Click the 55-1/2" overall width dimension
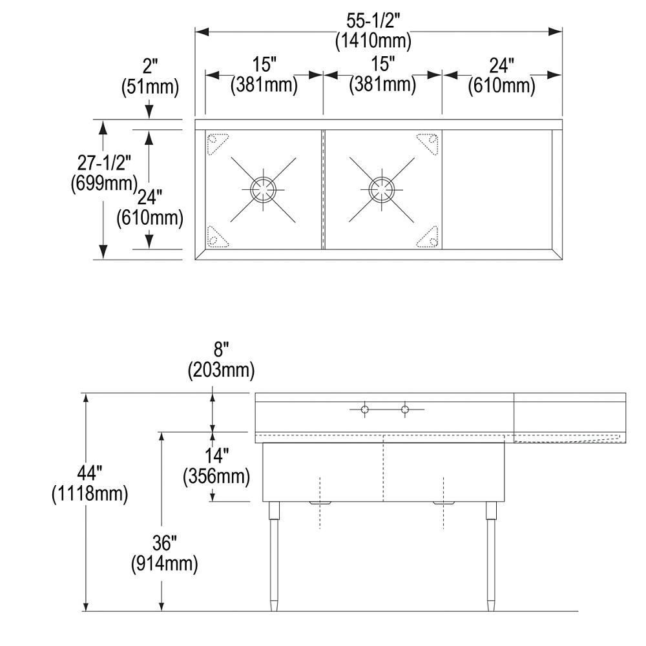click(373, 21)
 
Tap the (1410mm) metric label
click(373, 41)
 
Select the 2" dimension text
click(151, 67)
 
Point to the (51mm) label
click(151, 87)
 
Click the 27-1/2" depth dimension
click(104, 163)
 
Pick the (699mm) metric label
click(104, 183)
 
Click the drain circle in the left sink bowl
click(263, 190)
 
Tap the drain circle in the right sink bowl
click(382, 190)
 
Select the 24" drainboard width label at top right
click(501, 65)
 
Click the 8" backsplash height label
click(220, 350)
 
